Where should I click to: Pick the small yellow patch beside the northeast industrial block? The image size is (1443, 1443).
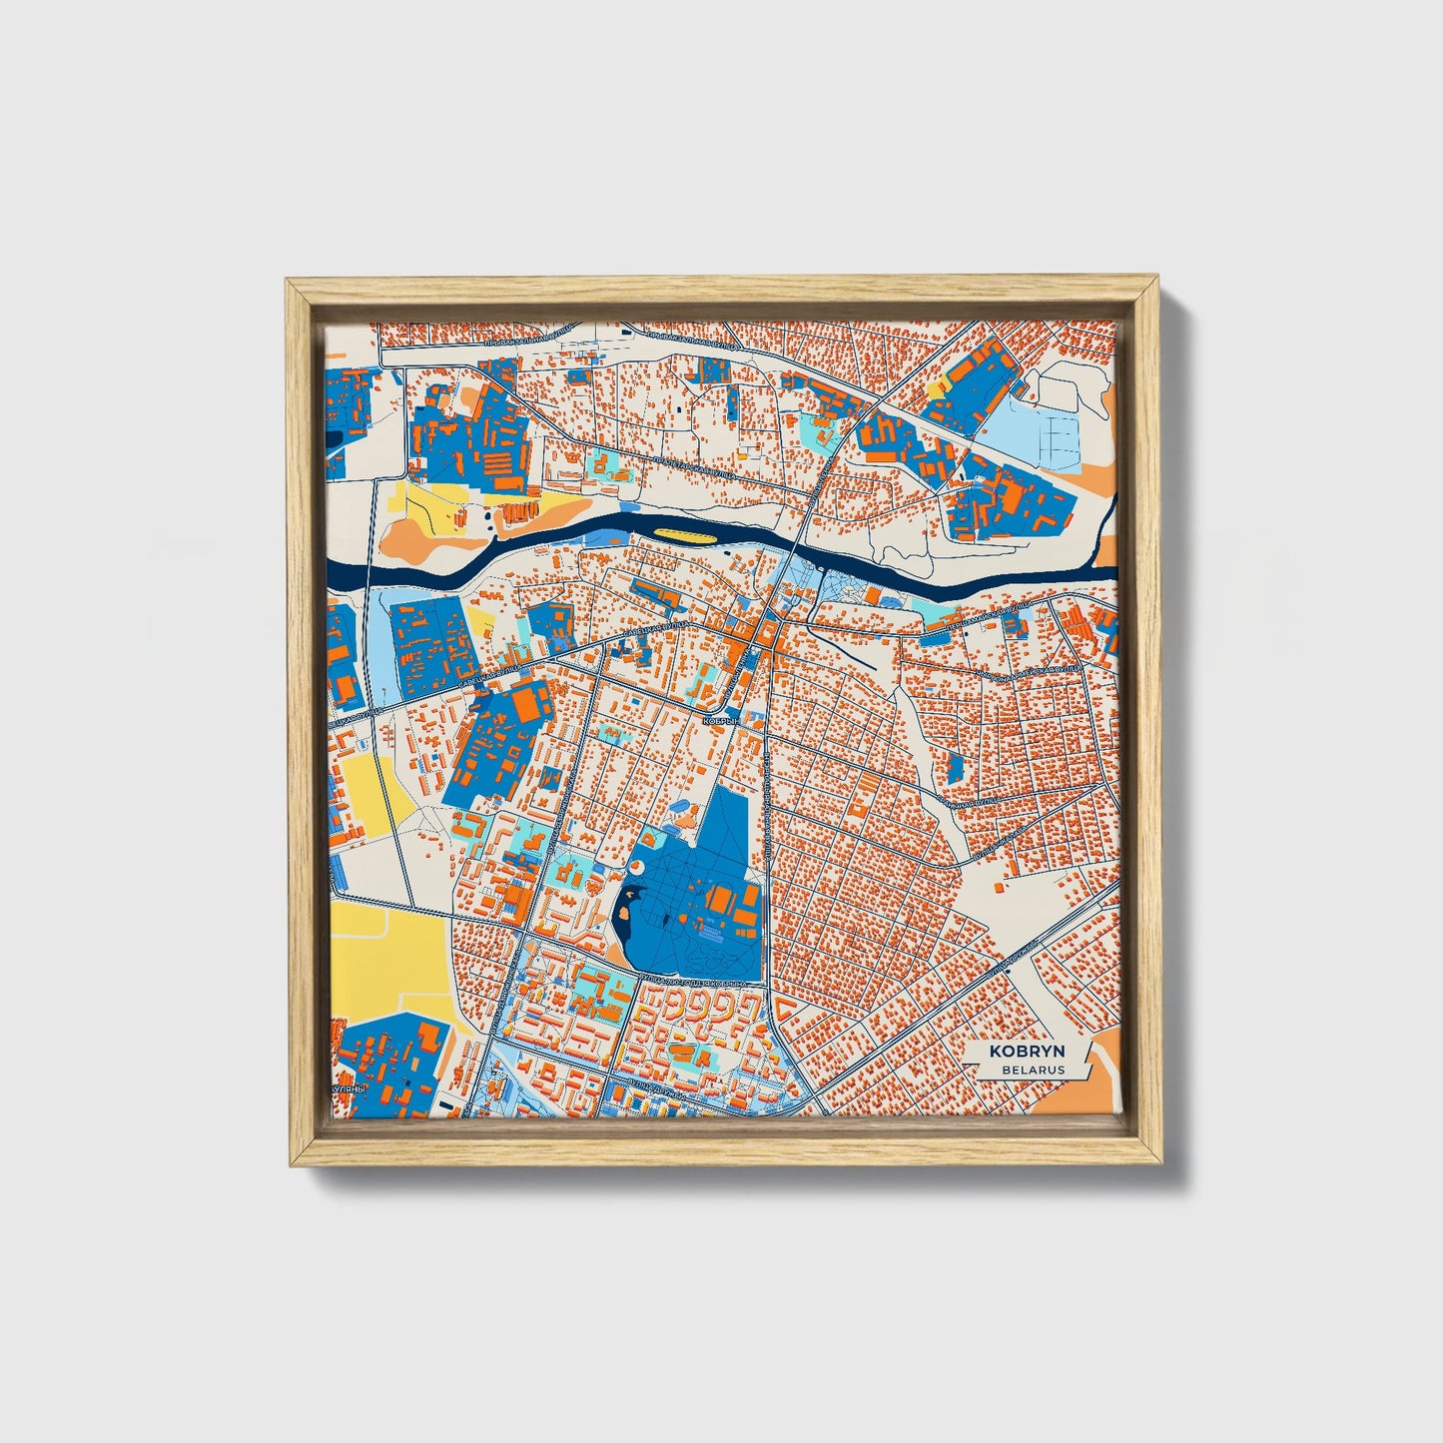tap(937, 387)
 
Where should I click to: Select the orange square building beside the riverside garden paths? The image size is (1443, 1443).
tap(872, 596)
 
